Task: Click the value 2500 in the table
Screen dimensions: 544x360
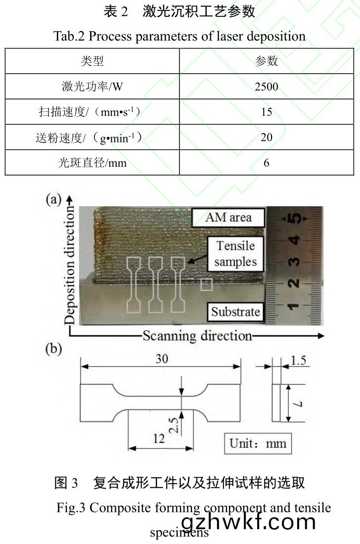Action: [266, 87]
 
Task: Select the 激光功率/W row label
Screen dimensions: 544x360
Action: [92, 87]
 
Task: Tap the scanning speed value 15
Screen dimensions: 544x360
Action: [266, 112]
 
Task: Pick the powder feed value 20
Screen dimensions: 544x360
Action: [266, 137]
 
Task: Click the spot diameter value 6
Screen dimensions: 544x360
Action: [266, 162]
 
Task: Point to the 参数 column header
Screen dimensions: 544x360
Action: [266, 61]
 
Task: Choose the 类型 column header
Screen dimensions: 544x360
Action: [92, 61]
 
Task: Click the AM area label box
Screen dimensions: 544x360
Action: [228, 217]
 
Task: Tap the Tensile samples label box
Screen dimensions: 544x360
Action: [235, 253]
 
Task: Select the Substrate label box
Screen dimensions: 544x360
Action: [235, 312]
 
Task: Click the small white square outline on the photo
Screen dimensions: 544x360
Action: [207, 285]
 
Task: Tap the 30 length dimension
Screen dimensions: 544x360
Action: [162, 359]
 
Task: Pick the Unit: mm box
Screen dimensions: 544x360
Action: [257, 443]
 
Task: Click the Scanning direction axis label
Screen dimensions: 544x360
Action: [197, 336]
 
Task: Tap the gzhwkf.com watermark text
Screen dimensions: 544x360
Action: [248, 521]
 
